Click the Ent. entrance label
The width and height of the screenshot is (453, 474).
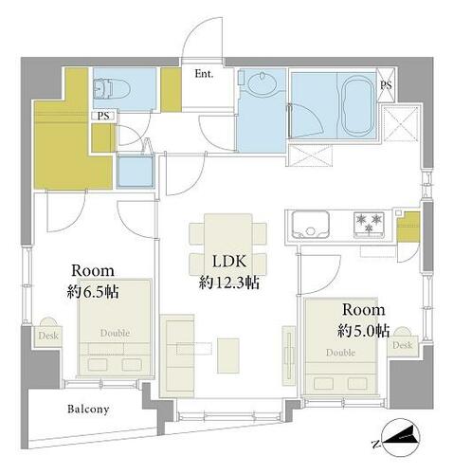click(204, 74)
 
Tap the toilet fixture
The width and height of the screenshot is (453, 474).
click(112, 89)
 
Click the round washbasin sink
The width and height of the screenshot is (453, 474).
click(262, 82)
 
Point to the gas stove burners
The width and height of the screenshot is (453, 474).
click(369, 224)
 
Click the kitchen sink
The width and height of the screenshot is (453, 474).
click(311, 225)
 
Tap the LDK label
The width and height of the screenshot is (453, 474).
click(229, 261)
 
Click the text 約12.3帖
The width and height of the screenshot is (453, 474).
click(229, 283)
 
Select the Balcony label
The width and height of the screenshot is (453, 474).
click(88, 410)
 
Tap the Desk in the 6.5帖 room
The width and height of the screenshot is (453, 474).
click(48, 336)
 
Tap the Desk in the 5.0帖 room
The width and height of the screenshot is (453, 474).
click(402, 345)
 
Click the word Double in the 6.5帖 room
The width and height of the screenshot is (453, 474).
click(115, 333)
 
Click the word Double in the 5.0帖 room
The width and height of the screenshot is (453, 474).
click(340, 353)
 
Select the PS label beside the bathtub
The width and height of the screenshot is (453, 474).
click(386, 85)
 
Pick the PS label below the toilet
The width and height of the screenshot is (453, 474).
click(103, 116)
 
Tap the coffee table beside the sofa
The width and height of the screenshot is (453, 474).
click(228, 355)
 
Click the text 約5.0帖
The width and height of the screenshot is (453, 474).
click(363, 331)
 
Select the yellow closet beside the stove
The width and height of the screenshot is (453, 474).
click(408, 227)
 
